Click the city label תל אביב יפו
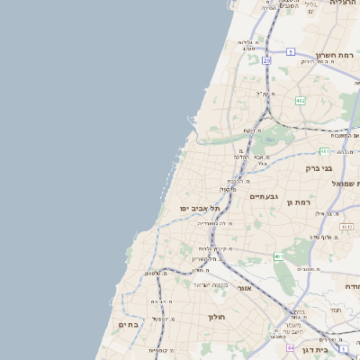203,209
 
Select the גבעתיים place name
264,195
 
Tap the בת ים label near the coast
128,324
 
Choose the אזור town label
245,288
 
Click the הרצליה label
344,3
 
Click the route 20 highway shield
266,60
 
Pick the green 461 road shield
279,256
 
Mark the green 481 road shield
324,151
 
